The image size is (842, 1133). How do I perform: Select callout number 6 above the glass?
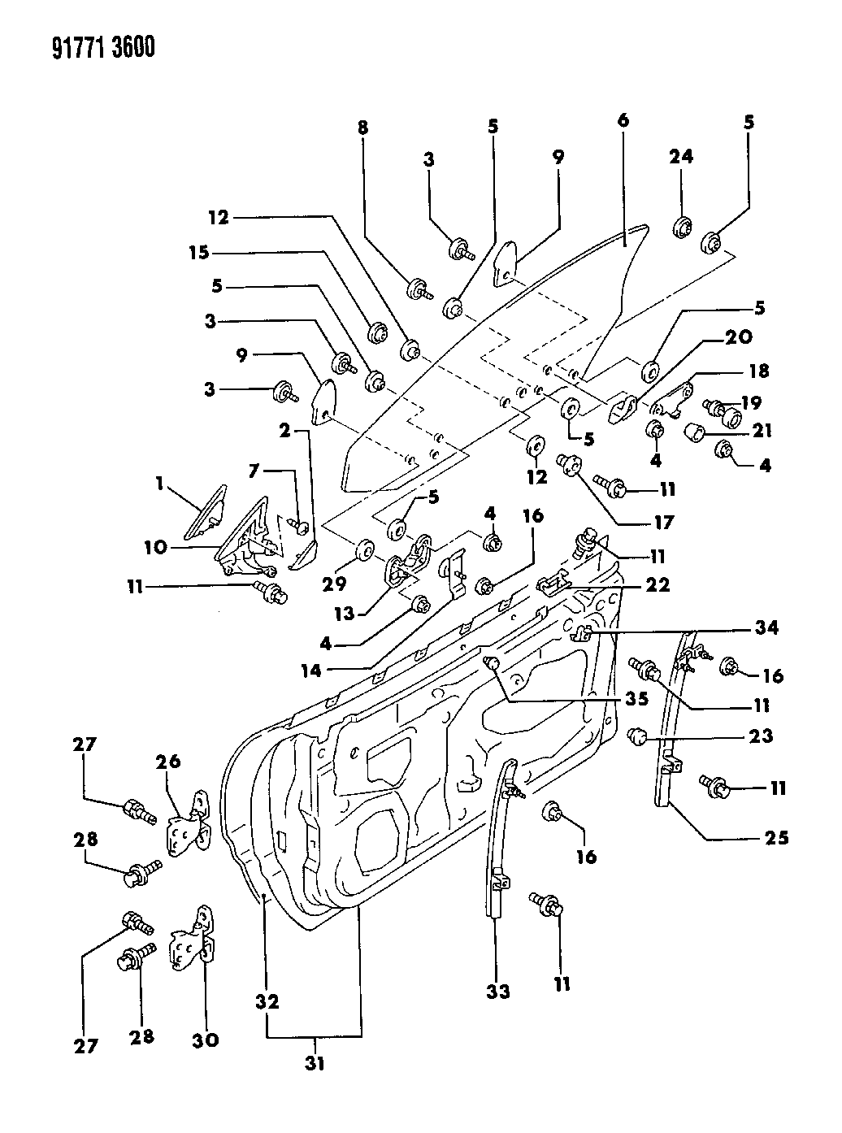[x=623, y=120]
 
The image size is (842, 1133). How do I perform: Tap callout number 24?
[x=681, y=157]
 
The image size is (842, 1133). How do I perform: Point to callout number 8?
[x=362, y=128]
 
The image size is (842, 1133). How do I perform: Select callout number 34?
[x=766, y=627]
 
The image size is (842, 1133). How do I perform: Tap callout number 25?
[x=778, y=837]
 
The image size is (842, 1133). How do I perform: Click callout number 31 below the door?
[x=315, y=1062]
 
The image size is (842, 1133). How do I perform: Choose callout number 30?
[x=205, y=1040]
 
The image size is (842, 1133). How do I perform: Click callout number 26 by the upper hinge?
[x=169, y=762]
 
